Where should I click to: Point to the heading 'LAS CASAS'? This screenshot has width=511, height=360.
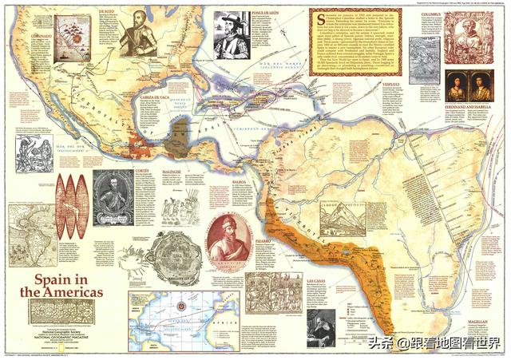coord(316,281)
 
